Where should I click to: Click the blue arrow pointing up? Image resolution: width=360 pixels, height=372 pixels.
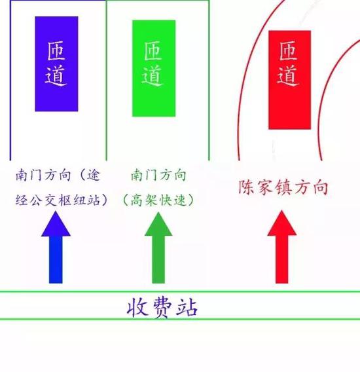click(x=56, y=248)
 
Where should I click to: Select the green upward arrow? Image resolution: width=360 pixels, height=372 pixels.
click(x=158, y=248)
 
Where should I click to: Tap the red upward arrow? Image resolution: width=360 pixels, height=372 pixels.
click(x=282, y=247)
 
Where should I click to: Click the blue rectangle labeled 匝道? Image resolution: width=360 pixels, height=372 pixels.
click(x=56, y=64)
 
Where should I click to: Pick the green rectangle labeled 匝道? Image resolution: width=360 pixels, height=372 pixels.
click(x=154, y=68)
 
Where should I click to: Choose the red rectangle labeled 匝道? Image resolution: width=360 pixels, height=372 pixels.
click(x=289, y=80)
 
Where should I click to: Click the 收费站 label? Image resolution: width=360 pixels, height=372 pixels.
click(x=162, y=308)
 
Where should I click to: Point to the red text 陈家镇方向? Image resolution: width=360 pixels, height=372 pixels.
click(x=283, y=187)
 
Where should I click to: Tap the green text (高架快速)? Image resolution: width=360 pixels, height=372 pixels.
click(x=158, y=200)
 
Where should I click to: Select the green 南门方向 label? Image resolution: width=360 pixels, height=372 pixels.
click(x=158, y=176)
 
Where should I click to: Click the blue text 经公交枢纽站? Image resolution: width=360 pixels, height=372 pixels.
click(x=58, y=200)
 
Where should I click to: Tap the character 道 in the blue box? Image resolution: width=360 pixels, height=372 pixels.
click(x=56, y=76)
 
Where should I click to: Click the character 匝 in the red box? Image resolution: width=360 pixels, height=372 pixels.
click(x=288, y=51)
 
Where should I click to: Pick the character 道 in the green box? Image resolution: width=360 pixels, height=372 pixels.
click(x=153, y=76)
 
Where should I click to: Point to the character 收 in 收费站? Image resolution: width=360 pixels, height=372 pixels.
click(x=137, y=308)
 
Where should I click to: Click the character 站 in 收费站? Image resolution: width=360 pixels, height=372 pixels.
click(x=187, y=308)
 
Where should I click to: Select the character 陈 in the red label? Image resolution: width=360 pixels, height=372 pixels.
click(x=245, y=187)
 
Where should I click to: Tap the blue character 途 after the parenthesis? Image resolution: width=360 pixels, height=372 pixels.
click(x=94, y=176)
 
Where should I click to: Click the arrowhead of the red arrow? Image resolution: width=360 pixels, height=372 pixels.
click(x=282, y=223)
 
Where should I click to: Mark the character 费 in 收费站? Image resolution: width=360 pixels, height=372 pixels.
click(x=162, y=308)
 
